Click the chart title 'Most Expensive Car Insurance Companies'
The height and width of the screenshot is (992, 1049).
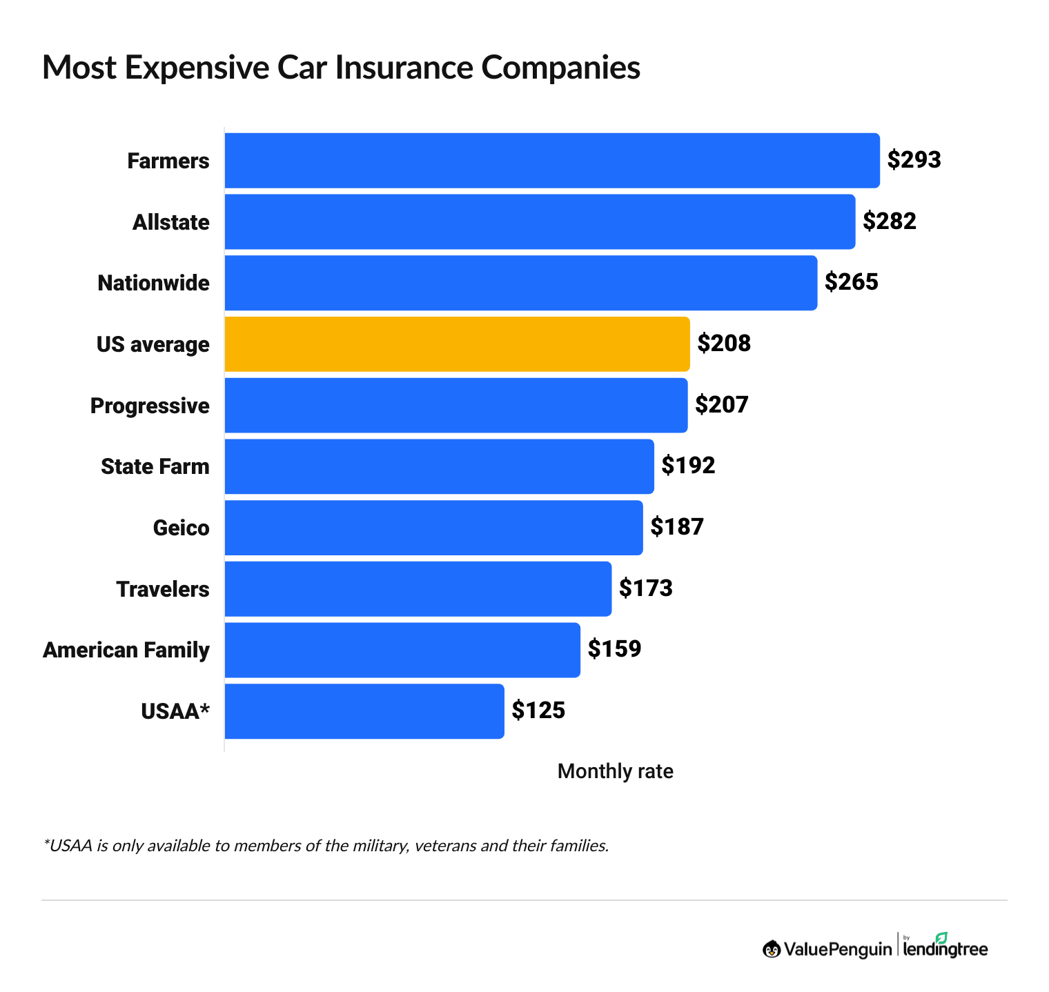(341, 68)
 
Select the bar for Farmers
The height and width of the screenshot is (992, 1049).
(552, 160)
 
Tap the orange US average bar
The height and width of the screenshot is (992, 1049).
(457, 344)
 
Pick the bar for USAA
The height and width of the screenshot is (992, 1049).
(364, 711)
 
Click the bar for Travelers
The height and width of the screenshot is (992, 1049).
(418, 589)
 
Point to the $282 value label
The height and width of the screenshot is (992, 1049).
(890, 221)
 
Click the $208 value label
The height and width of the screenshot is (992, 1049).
(724, 344)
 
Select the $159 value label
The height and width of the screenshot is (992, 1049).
(614, 649)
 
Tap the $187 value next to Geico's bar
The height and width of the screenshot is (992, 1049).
(677, 527)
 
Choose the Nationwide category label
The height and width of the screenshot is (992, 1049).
(153, 283)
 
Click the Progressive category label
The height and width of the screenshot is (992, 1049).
(150, 406)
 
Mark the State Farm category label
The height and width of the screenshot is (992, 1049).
(155, 466)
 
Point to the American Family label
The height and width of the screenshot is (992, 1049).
(126, 650)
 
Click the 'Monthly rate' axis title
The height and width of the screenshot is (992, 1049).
(615, 771)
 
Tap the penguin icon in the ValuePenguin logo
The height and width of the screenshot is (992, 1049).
(772, 949)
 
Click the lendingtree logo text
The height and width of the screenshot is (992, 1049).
(945, 950)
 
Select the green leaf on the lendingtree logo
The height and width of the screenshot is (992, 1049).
(941, 938)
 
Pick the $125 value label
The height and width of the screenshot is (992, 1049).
(538, 711)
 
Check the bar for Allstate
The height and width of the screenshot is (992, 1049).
(540, 221)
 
